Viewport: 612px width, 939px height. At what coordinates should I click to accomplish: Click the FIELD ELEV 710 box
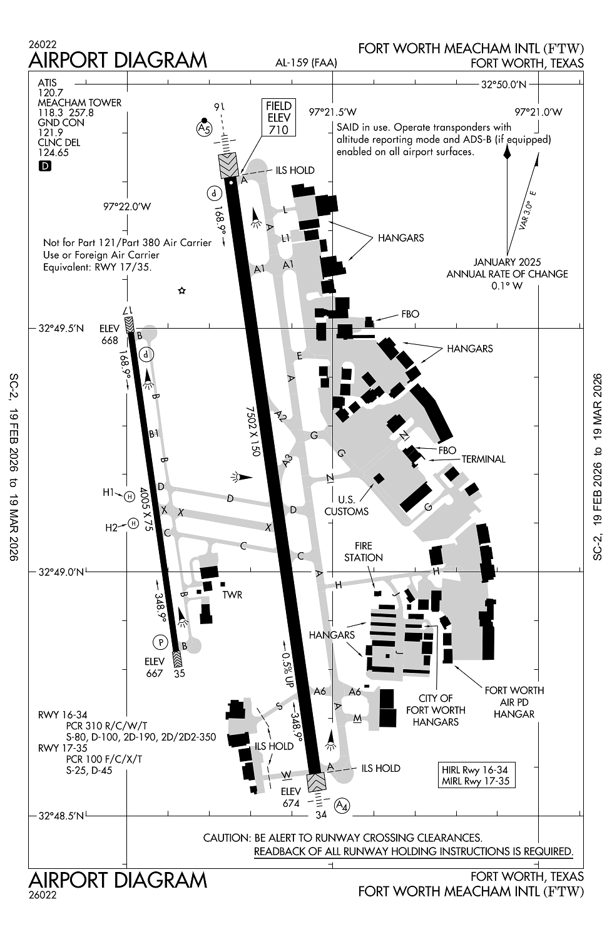tap(278, 117)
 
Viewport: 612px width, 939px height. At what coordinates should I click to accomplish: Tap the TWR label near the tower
tap(232, 595)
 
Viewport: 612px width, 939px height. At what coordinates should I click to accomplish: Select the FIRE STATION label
tap(363, 552)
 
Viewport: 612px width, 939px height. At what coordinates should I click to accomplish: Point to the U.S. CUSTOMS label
tap(346, 506)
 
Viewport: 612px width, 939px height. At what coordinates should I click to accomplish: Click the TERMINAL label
tap(483, 459)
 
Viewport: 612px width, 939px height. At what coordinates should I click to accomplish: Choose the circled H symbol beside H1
tap(130, 496)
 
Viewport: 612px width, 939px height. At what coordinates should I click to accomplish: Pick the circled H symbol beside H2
tap(133, 523)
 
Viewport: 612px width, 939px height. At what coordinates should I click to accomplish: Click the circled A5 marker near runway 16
tap(204, 128)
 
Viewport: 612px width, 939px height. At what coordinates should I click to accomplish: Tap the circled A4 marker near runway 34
tap(342, 805)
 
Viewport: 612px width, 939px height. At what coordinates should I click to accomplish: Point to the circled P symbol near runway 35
tap(161, 642)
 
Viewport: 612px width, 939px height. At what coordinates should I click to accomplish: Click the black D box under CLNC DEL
tap(44, 166)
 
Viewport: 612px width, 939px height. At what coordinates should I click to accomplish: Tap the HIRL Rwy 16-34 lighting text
tap(474, 769)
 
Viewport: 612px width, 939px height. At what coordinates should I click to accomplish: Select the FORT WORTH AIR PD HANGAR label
tap(514, 702)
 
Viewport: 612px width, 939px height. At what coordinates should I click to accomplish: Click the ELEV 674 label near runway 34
tap(291, 798)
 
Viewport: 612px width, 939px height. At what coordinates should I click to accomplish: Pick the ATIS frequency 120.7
tap(47, 92)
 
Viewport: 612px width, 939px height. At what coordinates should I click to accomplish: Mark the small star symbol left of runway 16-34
tap(182, 290)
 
